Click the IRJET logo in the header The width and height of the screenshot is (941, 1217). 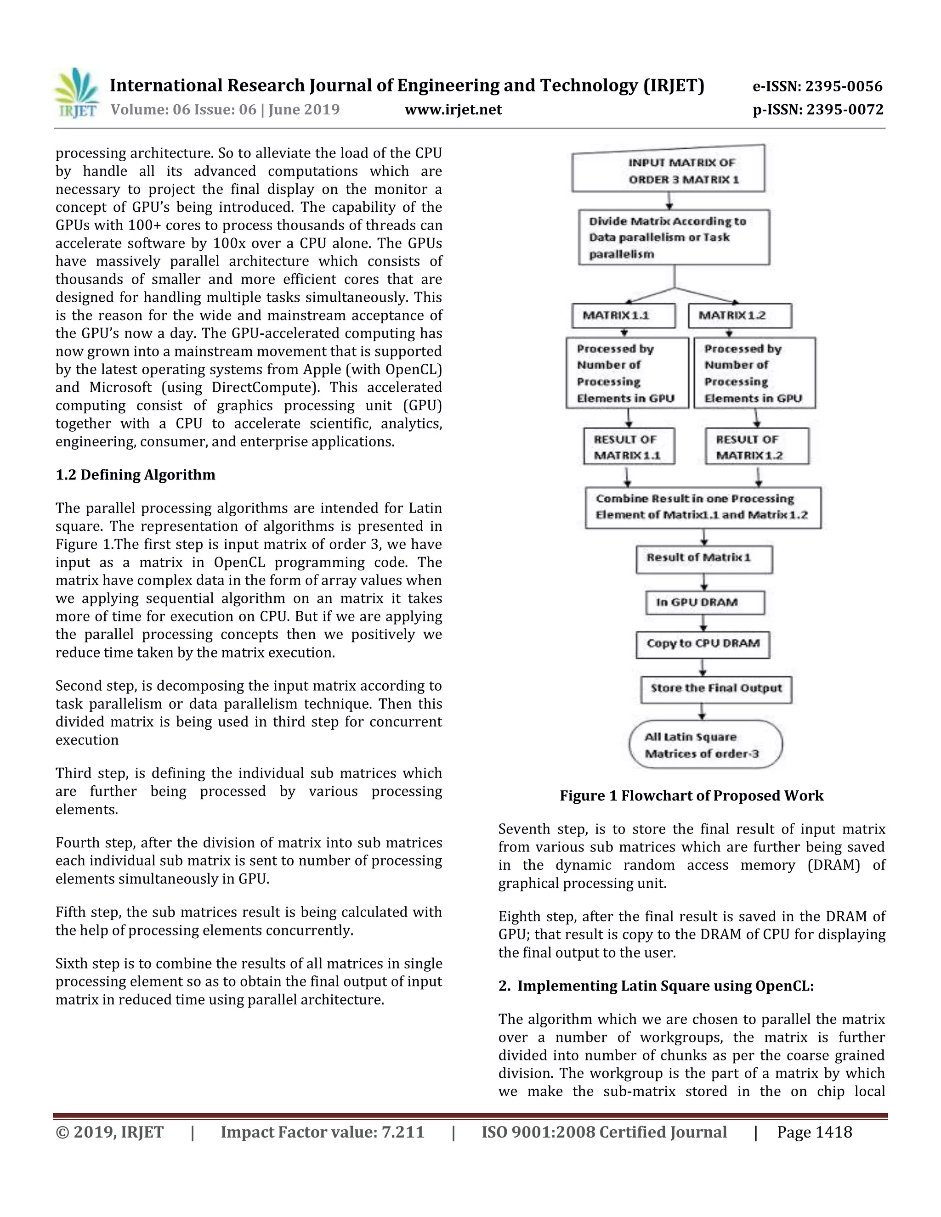[76, 93]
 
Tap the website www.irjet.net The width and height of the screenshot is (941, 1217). [453, 109]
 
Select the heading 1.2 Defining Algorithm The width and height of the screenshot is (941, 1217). [136, 475]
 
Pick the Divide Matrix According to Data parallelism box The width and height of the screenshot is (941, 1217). [674, 237]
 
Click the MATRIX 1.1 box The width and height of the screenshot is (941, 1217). [623, 316]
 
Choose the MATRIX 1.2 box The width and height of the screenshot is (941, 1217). [740, 316]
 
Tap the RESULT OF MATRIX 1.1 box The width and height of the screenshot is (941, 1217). [629, 446]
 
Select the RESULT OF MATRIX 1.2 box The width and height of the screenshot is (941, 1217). [756, 446]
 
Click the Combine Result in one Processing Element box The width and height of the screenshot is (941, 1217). [703, 507]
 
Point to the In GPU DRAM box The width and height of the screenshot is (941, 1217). [705, 603]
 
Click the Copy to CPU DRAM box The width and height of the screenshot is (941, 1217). [703, 644]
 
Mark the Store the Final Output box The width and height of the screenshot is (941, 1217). [716, 689]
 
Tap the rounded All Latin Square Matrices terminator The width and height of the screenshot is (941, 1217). [705, 745]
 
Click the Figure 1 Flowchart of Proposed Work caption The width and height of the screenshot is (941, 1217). [691, 796]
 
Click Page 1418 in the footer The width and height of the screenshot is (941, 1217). [815, 1132]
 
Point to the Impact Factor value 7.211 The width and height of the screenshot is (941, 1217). [322, 1132]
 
